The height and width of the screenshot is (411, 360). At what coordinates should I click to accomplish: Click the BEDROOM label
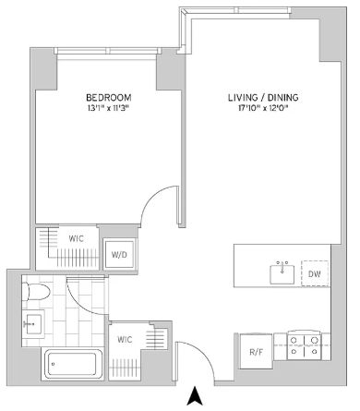coord(109,98)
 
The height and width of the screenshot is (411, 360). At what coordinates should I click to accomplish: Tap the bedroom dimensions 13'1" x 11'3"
coord(109,108)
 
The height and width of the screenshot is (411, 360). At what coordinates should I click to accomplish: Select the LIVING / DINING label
coord(263,98)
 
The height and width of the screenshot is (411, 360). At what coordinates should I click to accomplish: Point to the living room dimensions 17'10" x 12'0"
coord(263,108)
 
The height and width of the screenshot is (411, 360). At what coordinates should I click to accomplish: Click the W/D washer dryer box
coord(119,255)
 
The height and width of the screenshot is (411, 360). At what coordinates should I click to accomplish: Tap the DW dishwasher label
coord(315,273)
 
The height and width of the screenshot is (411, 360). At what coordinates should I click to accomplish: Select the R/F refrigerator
coord(256,351)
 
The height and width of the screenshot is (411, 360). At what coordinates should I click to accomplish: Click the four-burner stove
coord(304,346)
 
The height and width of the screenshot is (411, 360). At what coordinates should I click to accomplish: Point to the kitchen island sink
coord(282,273)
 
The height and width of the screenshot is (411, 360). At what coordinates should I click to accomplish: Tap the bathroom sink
coord(33,323)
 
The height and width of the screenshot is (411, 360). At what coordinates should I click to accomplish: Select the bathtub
coord(73,364)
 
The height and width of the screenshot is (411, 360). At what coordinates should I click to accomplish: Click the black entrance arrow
coord(195,395)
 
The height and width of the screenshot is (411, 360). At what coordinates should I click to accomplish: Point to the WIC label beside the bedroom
coord(76,238)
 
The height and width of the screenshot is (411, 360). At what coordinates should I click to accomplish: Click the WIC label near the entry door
coord(125,340)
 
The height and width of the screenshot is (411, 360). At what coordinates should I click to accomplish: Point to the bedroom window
coord(108,51)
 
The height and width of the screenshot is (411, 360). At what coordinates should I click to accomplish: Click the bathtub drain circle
coord(53,364)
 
